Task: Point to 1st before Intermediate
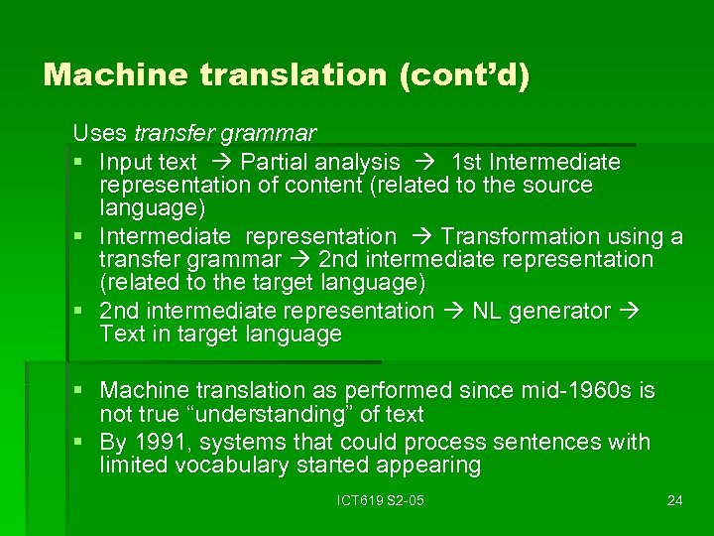[x=467, y=162]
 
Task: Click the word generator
[x=560, y=312]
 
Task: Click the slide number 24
[x=675, y=500]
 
